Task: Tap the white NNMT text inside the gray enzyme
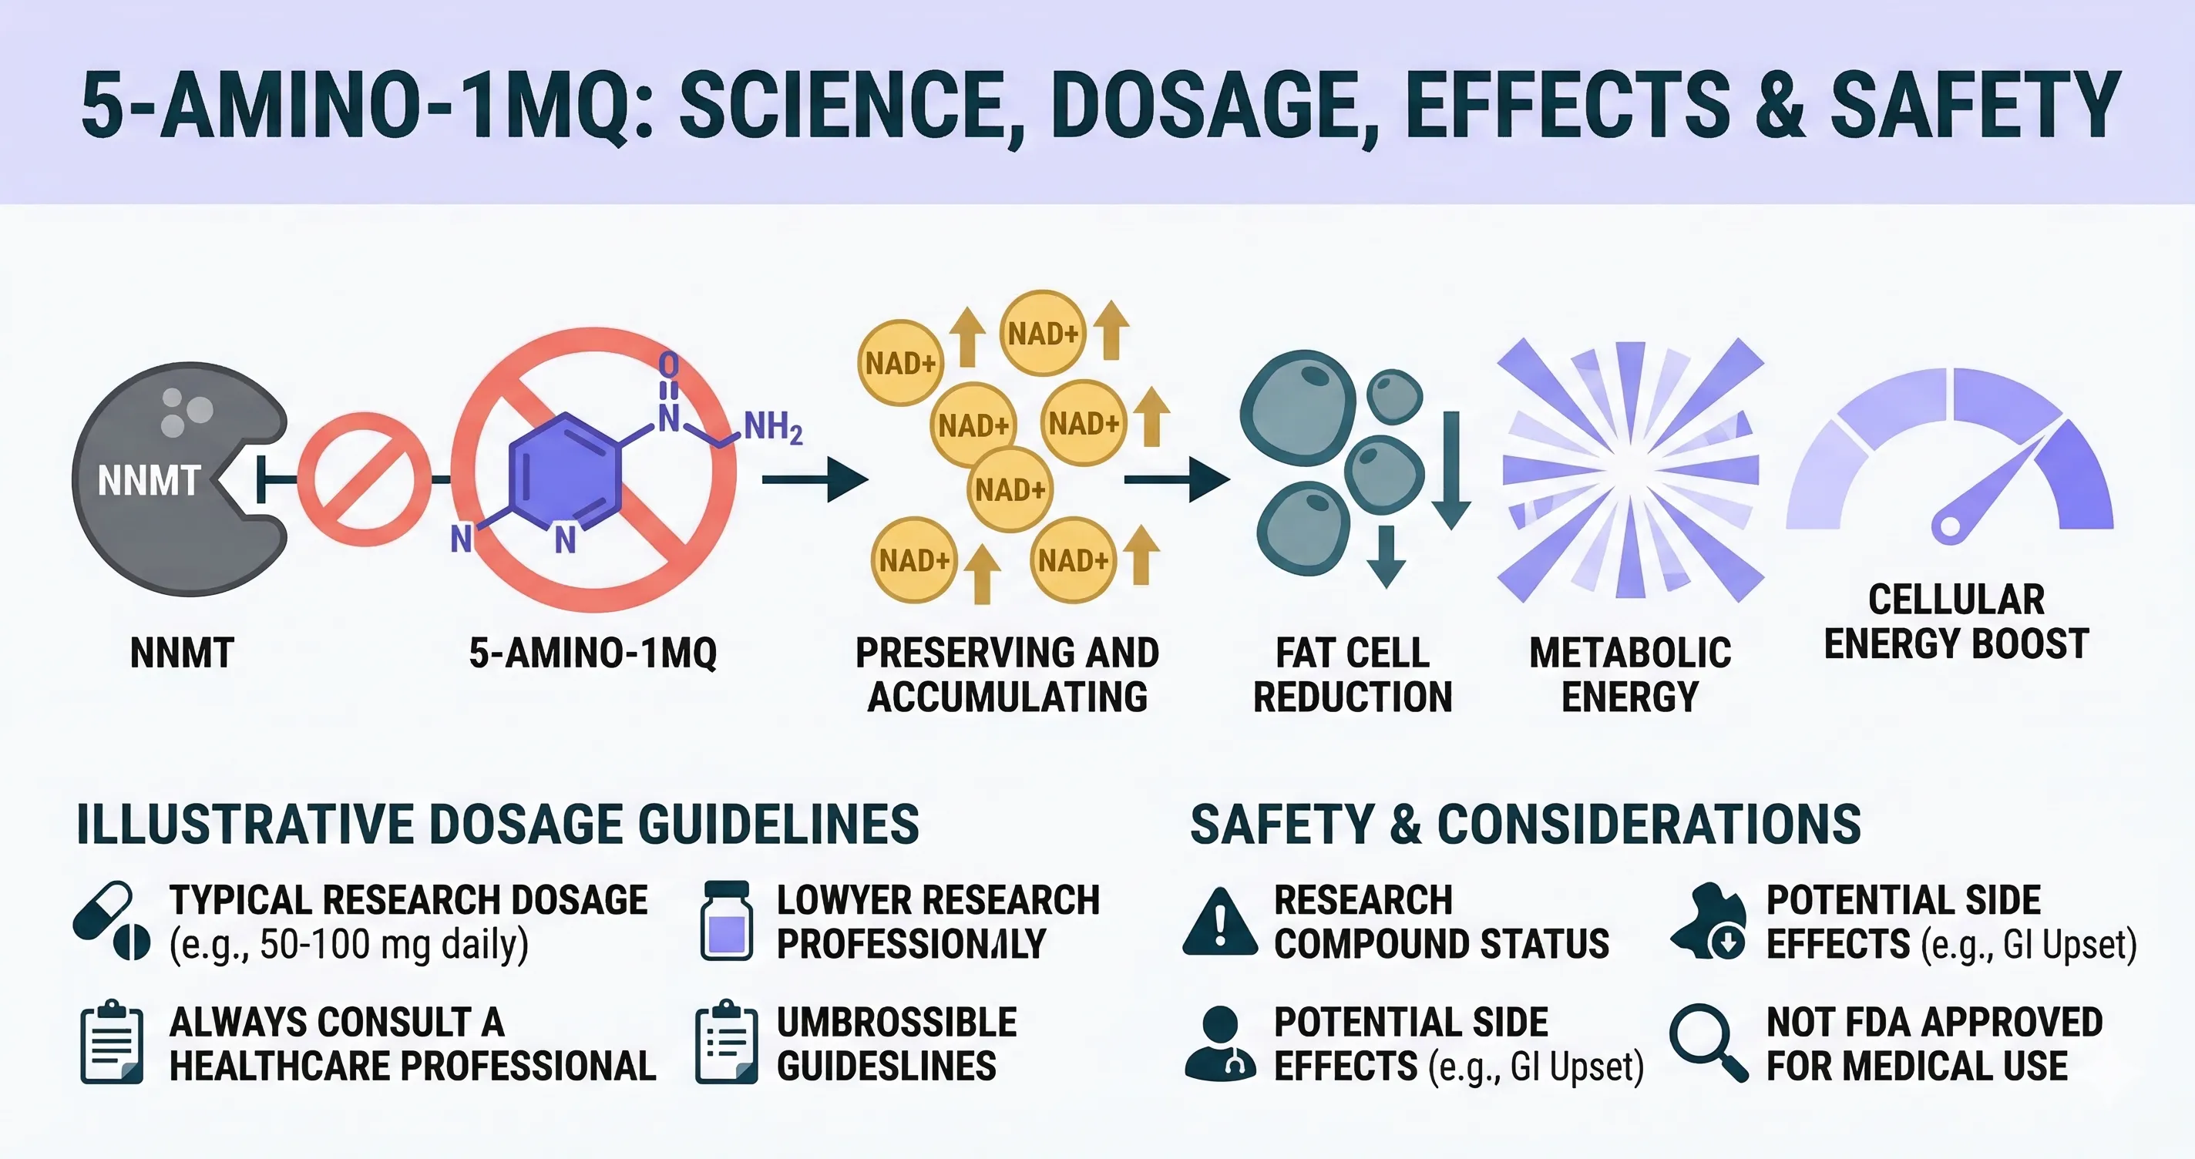149,481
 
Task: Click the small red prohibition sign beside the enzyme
364,479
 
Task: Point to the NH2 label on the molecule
773,426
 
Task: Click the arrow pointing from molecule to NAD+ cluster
813,480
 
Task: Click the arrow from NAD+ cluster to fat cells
1176,480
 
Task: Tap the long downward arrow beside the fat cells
1451,469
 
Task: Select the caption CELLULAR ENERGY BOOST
1956,621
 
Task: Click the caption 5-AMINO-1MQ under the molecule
593,653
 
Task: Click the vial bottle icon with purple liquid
726,920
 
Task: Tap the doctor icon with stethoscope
1220,1043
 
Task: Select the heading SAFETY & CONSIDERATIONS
1525,824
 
